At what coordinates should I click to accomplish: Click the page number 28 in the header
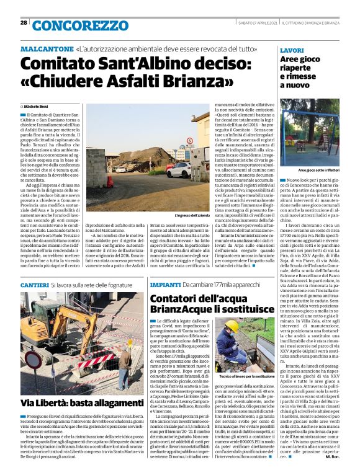click(24, 23)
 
